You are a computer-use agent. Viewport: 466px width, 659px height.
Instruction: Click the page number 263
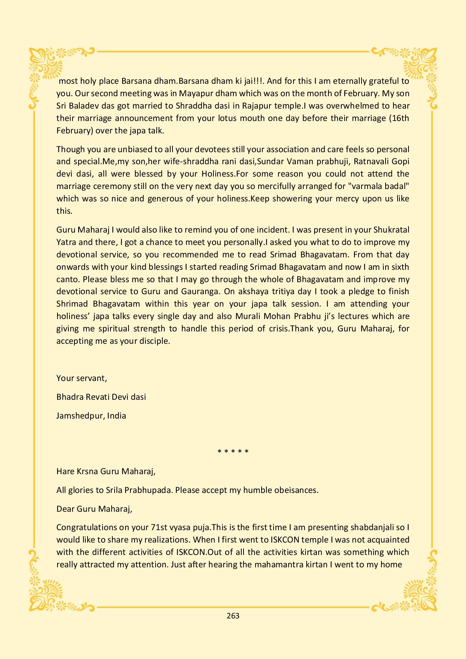tap(233, 615)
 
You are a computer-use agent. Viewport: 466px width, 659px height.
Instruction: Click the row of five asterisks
tap(233, 451)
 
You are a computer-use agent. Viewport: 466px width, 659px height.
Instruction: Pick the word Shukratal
tap(391, 230)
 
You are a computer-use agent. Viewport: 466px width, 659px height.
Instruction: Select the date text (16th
tap(399, 118)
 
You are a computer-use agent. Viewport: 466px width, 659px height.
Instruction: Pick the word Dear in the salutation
tap(65, 509)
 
